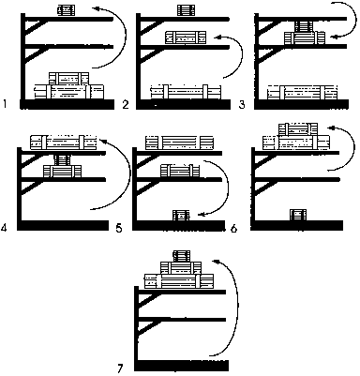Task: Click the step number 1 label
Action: [5, 103]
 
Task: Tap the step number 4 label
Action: [4, 229]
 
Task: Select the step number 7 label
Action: [121, 368]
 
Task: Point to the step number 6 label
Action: [234, 229]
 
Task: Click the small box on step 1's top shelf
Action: [66, 10]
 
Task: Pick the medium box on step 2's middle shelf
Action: [186, 38]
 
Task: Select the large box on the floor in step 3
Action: [302, 92]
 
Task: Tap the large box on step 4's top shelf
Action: [64, 143]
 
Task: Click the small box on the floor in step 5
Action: [182, 216]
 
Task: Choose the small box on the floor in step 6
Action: [298, 215]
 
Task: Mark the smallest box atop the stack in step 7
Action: [182, 256]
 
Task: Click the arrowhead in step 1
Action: [99, 8]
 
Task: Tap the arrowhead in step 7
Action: [216, 262]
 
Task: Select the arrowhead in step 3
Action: [335, 37]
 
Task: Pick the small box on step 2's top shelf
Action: [186, 10]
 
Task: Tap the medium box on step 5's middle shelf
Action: [180, 171]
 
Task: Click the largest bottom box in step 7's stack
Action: [179, 281]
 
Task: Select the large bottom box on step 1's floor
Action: [68, 92]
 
